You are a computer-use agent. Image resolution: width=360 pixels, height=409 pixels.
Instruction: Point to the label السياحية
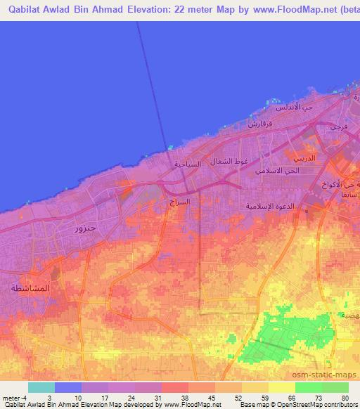click(188, 164)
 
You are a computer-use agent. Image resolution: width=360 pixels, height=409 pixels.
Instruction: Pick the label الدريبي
click(326, 160)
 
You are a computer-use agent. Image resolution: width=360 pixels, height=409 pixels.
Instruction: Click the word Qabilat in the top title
click(21, 9)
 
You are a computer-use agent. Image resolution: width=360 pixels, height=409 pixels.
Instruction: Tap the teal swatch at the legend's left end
click(41, 387)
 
